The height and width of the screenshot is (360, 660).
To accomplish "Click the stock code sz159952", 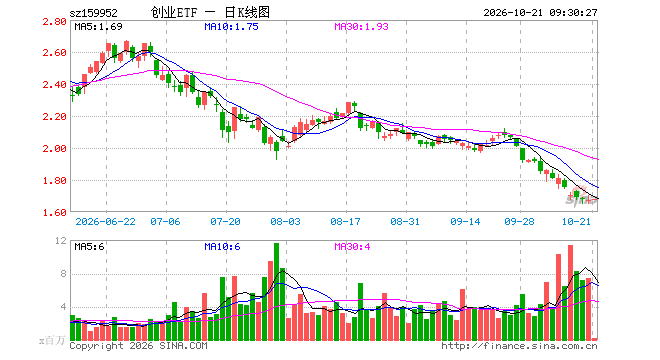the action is click(x=93, y=13).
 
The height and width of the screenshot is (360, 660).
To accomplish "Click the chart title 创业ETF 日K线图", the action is click(x=210, y=13).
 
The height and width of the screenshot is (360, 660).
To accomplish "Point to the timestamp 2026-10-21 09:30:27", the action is click(x=540, y=13).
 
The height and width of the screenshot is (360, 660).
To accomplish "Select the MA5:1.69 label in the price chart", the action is click(x=98, y=27).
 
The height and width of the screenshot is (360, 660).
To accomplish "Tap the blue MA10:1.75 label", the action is click(x=231, y=27).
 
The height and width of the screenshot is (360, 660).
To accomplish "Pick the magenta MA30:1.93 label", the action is click(x=361, y=27).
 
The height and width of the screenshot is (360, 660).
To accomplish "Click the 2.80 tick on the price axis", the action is click(x=54, y=21).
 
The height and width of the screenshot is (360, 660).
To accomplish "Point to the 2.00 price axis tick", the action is click(x=54, y=149).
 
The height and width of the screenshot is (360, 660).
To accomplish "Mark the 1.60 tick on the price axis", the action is click(x=54, y=213).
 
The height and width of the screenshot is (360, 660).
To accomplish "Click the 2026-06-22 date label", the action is click(x=106, y=221).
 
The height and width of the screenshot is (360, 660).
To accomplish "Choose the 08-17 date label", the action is click(x=346, y=221).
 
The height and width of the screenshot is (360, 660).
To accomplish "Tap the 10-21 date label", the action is click(x=576, y=221).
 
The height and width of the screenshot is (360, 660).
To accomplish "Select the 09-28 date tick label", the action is click(x=519, y=221).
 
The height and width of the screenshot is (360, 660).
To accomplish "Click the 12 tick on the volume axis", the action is click(x=61, y=240).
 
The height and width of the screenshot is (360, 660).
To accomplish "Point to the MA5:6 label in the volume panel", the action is click(x=89, y=246).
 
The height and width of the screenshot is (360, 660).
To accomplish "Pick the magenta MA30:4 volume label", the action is click(x=352, y=246).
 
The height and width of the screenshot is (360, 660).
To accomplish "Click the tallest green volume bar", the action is click(x=277, y=292).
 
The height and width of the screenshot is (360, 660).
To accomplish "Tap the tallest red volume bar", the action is click(x=570, y=293).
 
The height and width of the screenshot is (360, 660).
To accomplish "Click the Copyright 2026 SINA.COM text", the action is click(x=138, y=346).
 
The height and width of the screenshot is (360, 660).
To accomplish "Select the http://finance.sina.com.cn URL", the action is click(x=519, y=346).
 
